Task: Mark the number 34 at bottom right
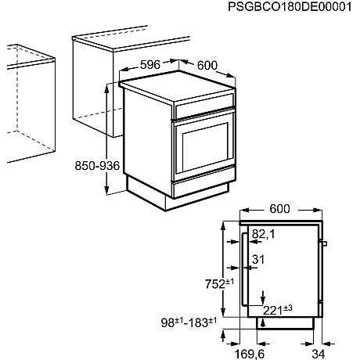click(331, 353)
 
